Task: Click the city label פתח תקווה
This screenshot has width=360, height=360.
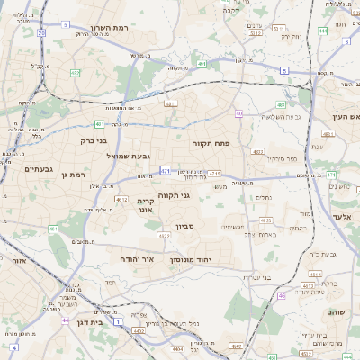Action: coord(212,143)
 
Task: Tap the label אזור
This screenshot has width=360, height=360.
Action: coord(17,259)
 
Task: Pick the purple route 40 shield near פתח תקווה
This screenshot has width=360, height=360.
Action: coord(239,113)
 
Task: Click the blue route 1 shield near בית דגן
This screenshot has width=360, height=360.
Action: coord(13,346)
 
